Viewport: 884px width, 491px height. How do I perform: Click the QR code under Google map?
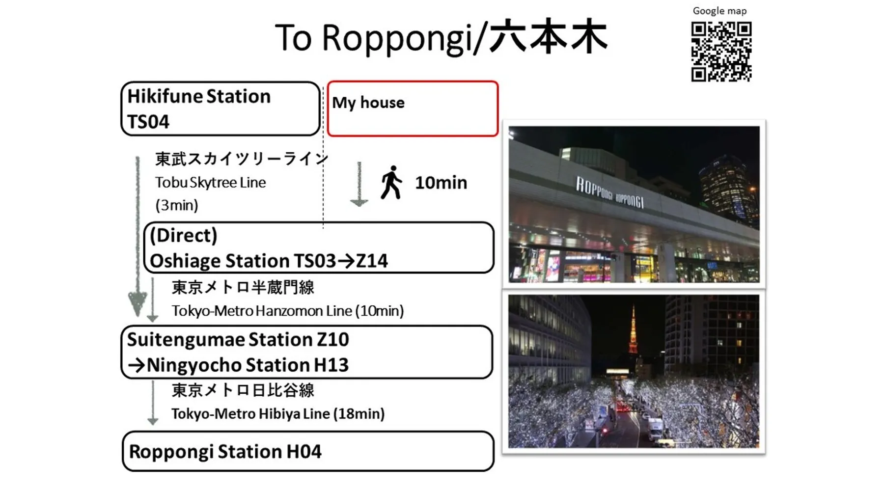721,52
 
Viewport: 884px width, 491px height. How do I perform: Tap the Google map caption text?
719,11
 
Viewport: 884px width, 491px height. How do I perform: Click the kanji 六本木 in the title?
549,37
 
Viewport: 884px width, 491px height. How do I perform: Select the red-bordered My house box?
413,109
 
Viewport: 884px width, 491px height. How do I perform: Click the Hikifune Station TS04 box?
221,109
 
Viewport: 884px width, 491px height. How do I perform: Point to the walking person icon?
391,183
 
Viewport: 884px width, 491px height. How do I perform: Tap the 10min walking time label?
441,183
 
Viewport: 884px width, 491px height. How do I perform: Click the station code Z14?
372,261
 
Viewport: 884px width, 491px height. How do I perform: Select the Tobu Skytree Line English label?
210,183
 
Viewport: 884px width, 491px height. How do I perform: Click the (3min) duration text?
177,205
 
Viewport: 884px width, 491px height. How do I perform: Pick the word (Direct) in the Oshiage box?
183,236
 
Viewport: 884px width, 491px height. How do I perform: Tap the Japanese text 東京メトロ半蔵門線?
243,287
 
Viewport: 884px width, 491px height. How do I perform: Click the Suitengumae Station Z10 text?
238,339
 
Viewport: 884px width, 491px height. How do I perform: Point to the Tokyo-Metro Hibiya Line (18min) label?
277,413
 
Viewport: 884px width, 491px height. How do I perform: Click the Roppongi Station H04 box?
308,451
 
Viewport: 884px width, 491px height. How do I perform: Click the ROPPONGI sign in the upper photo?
610,193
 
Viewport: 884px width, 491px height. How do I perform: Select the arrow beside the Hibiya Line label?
153,403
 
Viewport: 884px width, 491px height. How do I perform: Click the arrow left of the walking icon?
359,184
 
